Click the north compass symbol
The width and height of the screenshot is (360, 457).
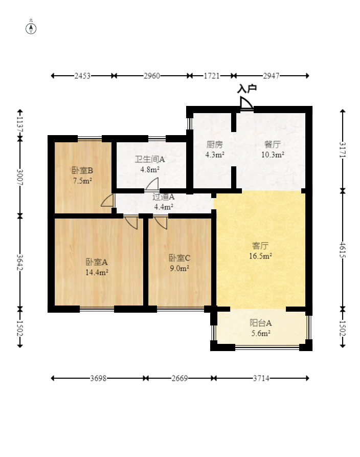coord(31,29)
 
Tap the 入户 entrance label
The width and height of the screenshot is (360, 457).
coord(247,89)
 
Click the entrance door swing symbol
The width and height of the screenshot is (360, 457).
coord(246,103)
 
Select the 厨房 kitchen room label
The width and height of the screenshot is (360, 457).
coord(215,144)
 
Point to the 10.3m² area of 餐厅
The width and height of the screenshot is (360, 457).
coord(273,155)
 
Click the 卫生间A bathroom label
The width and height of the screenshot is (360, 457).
coord(150,159)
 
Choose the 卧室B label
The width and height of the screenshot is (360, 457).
coord(82,170)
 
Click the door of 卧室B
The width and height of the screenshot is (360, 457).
coord(107,200)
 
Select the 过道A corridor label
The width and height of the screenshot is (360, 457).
coord(164,197)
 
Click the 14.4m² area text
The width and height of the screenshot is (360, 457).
coord(97,272)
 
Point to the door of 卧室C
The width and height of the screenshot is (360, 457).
coord(161,223)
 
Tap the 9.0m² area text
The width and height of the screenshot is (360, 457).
coord(179,268)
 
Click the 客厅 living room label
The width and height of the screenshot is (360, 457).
coord(260,246)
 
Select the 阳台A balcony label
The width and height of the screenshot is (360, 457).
coord(261,323)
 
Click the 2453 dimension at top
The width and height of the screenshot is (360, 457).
coord(82,76)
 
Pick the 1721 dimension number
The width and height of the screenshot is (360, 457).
coord(212,76)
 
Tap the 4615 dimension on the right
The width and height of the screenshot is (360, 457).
coord(343,250)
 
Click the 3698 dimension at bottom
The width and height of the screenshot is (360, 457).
coord(98,378)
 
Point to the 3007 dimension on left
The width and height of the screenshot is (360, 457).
coord(20,177)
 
